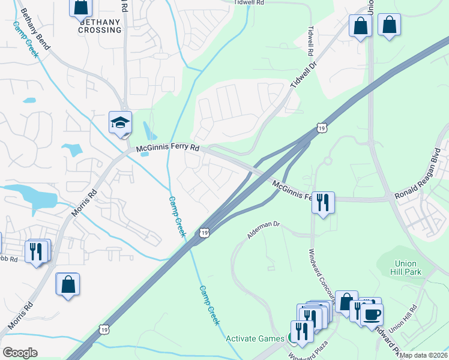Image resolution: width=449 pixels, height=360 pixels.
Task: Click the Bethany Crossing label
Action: click(100, 25)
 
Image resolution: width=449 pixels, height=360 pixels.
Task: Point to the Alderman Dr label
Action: click(264, 229)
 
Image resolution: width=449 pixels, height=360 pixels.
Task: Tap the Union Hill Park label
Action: click(408, 268)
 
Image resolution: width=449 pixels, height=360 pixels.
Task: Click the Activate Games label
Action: click(255, 338)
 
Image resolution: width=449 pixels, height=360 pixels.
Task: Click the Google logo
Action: click(19, 353)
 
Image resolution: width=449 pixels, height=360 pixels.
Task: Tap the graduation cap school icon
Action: click(120, 123)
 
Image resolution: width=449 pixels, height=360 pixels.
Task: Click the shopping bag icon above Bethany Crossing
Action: click(80, 7)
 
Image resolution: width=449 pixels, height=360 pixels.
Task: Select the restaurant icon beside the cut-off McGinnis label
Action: click(323, 202)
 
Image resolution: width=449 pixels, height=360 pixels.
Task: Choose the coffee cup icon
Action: click(372, 314)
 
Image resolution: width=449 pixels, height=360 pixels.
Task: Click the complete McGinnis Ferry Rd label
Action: click(167, 148)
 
